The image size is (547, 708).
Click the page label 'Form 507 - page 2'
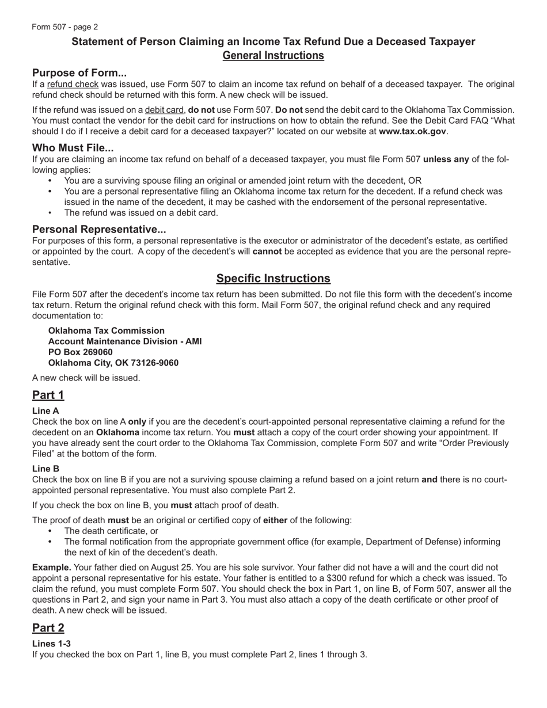tap(65, 27)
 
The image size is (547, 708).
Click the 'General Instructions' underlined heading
tap(273, 56)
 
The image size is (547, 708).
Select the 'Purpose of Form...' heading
tap(79, 73)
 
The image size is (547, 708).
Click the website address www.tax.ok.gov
tap(412, 131)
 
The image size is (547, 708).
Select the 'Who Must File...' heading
tap(73, 148)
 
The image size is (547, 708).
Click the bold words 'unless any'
tap(446, 159)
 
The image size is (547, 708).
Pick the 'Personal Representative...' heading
tap(99, 229)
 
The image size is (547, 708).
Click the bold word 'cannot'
tap(267, 252)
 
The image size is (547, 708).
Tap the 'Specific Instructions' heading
tap(273, 279)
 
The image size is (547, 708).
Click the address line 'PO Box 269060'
tap(81, 352)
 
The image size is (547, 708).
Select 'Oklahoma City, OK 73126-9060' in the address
tap(113, 363)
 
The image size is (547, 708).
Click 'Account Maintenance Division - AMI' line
tap(125, 341)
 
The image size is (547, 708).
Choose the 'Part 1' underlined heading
tap(48, 395)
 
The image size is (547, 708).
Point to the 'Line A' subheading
tap(45, 411)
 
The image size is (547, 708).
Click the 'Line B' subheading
tap(45, 469)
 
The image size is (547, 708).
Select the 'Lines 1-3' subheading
tap(51, 644)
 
